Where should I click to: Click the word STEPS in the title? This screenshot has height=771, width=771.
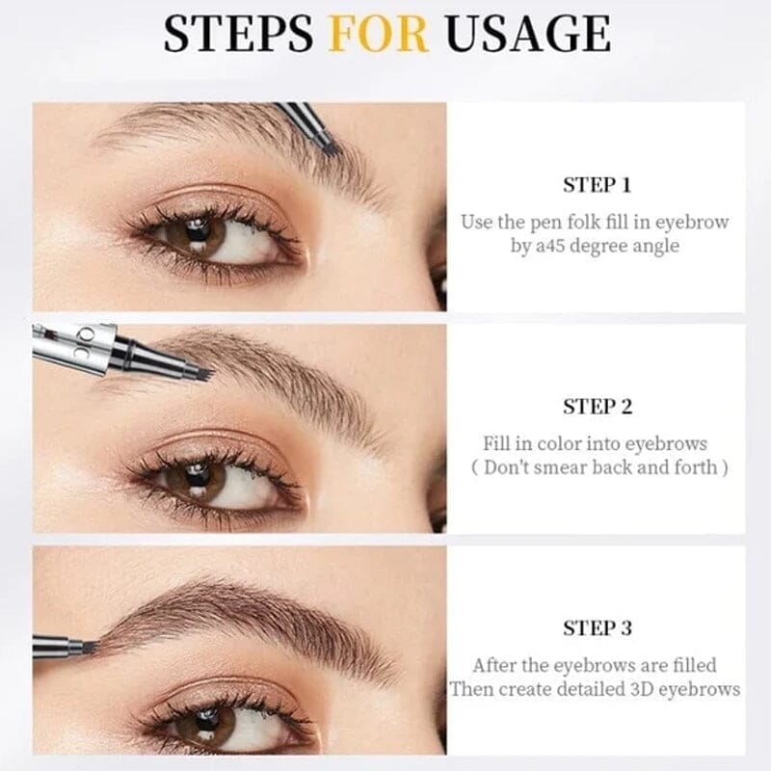[238, 35]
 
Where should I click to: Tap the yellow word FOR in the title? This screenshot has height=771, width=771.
[378, 35]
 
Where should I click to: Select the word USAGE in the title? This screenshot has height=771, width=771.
[527, 35]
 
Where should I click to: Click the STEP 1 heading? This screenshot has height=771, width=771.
[597, 185]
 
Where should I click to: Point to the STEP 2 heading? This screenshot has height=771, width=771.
[597, 407]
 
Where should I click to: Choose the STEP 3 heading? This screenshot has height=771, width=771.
[597, 628]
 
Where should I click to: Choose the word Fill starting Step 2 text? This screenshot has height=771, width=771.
[497, 443]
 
